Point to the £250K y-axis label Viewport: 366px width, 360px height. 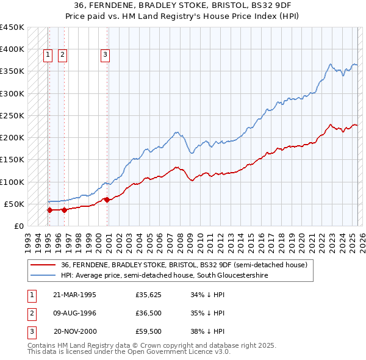coord(12,115)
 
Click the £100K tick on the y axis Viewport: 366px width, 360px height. coord(12,182)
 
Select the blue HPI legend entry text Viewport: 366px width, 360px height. coord(164,276)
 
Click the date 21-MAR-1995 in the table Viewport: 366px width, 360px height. coord(74,295)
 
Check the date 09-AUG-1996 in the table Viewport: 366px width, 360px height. coord(74,313)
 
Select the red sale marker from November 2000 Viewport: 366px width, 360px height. coord(107,200)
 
